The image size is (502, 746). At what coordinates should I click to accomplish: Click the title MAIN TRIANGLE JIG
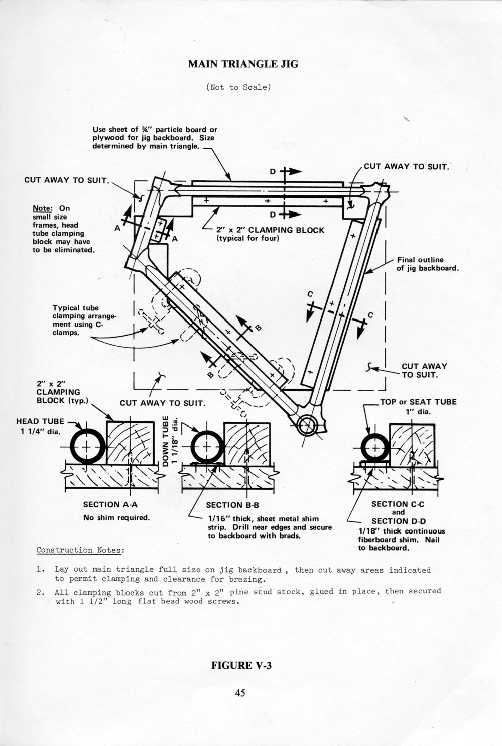click(243, 64)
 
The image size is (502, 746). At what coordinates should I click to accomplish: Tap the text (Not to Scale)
click(238, 87)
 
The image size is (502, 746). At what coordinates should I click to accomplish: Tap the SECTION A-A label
click(110, 504)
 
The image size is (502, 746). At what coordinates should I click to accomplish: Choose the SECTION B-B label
click(232, 505)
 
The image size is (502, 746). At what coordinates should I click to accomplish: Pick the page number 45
click(240, 693)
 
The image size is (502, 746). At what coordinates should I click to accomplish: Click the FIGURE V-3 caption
click(241, 666)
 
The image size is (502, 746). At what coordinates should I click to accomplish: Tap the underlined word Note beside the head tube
click(42, 208)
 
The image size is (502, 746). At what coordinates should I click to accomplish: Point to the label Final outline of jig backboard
click(427, 264)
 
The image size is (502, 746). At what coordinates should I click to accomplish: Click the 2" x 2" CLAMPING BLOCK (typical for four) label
click(270, 234)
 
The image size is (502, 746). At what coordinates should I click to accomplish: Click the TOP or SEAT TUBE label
click(418, 402)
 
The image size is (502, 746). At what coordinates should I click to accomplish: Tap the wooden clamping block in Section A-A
click(130, 443)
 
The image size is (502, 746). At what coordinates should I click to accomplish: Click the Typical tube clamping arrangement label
click(84, 320)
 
